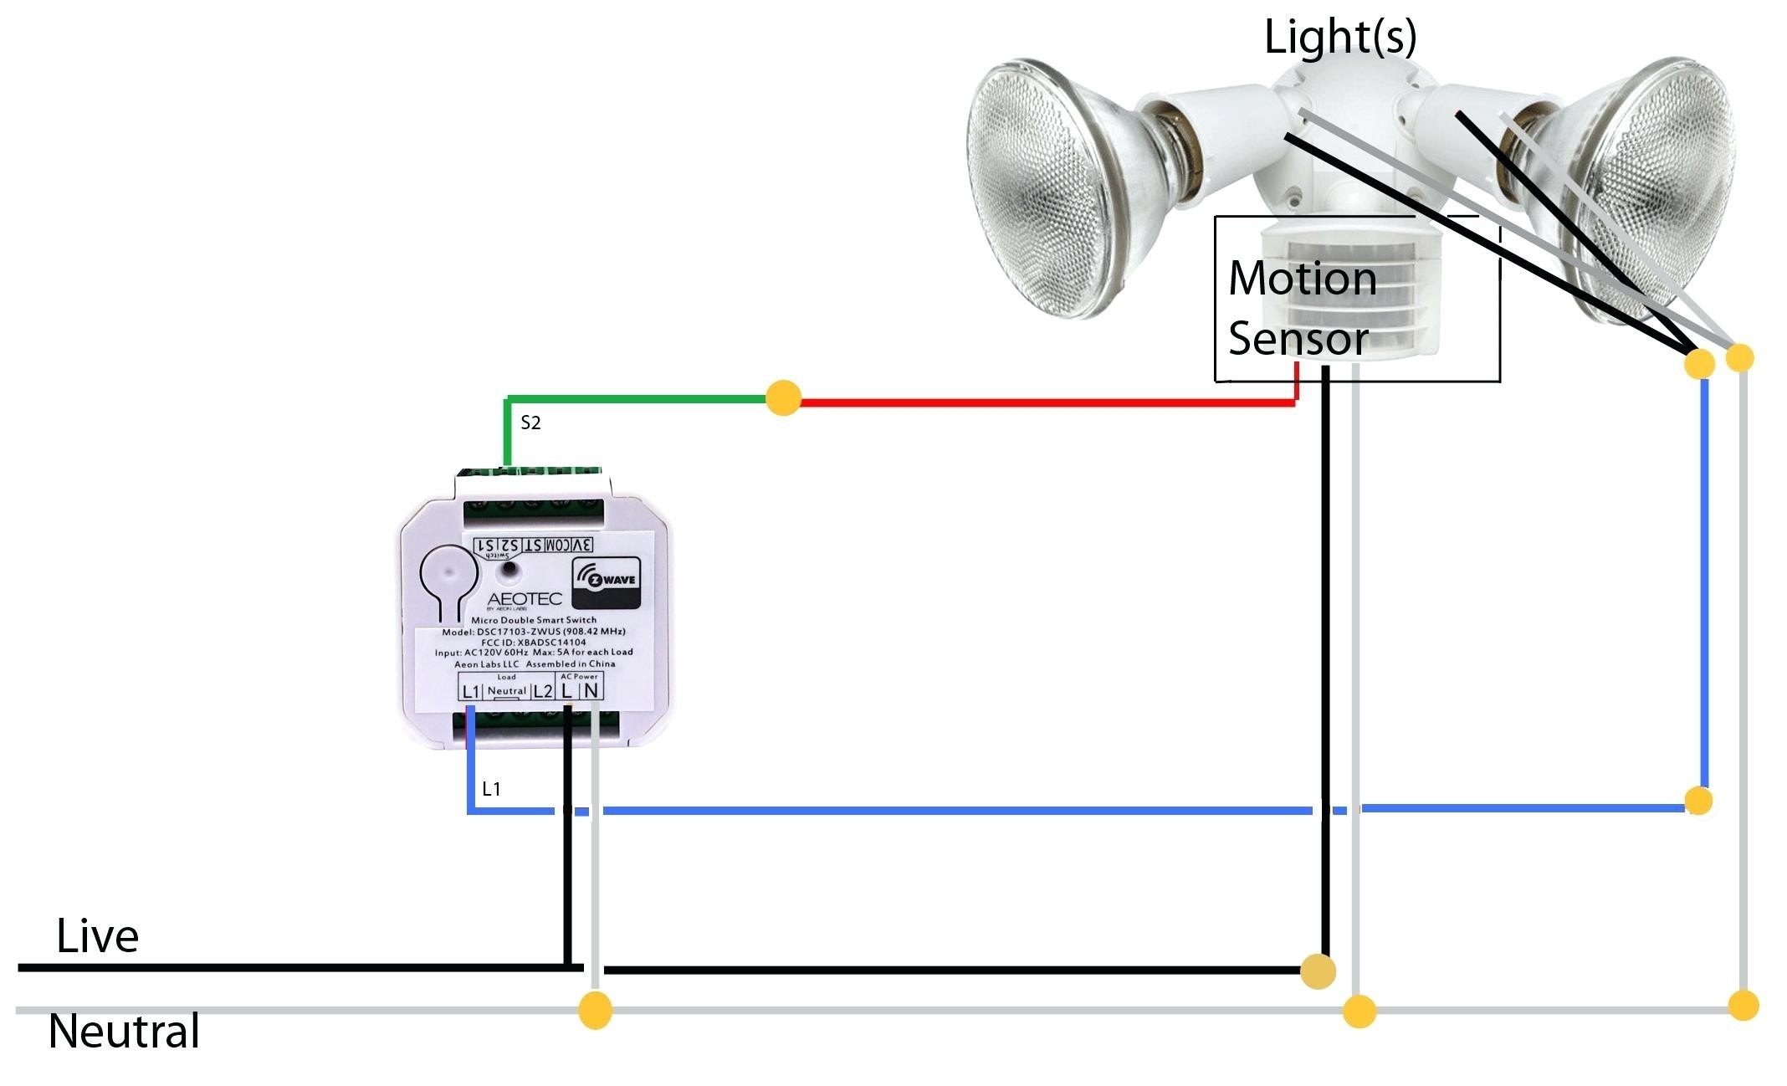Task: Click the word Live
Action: pos(97,936)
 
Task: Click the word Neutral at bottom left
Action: pos(124,1032)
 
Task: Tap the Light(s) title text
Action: pos(1339,38)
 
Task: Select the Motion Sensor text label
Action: pos(1302,308)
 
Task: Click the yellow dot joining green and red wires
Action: pos(783,398)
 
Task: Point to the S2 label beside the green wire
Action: pos(530,423)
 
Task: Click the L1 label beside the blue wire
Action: pos(491,789)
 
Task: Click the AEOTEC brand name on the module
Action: pos(524,599)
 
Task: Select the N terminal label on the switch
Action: pos(591,690)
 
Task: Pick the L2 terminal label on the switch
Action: pos(542,691)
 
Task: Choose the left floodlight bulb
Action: pos(1058,189)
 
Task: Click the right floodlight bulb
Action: pos(1640,188)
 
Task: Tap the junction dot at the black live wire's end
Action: pos(1318,971)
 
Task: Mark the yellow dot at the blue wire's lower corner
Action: pos(1698,801)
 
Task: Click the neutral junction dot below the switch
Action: pos(595,1010)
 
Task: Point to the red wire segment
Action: pos(1046,402)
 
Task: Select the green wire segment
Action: pos(636,399)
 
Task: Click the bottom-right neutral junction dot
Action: pos(1743,1005)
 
